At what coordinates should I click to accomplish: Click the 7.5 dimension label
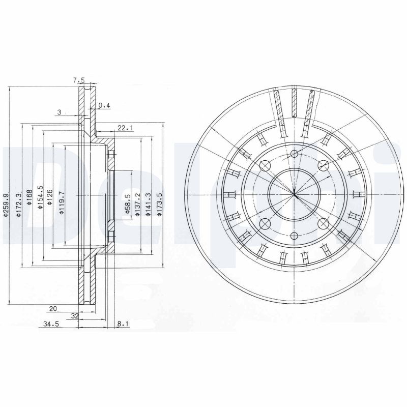[x=78, y=80]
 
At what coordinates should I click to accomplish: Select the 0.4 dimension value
[x=104, y=105]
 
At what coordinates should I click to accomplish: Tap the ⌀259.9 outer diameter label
[x=7, y=206]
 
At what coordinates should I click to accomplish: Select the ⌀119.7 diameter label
[x=61, y=201]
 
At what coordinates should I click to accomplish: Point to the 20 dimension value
[x=52, y=308]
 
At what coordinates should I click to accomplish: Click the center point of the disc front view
[x=295, y=194]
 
